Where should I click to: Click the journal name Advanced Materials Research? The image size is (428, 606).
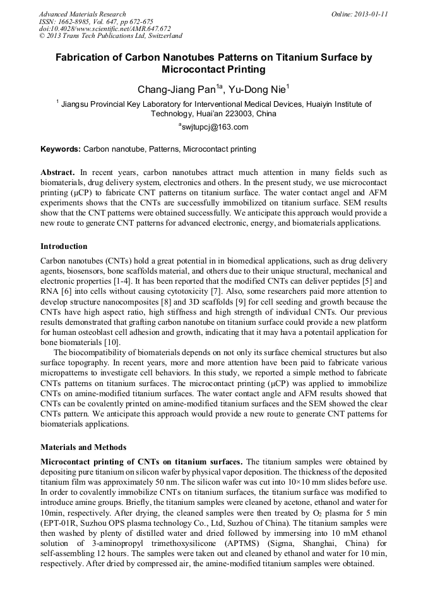tap(82, 14)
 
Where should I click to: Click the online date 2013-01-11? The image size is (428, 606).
tap(369, 14)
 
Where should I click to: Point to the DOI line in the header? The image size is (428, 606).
tap(105, 28)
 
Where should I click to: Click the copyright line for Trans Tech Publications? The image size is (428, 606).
tap(110, 36)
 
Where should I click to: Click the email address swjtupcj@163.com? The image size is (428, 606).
tap(215, 127)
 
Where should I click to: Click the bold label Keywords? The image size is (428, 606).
tap(61, 150)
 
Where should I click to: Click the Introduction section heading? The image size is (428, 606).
tap(64, 246)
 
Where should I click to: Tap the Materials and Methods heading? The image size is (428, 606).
tap(83, 447)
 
